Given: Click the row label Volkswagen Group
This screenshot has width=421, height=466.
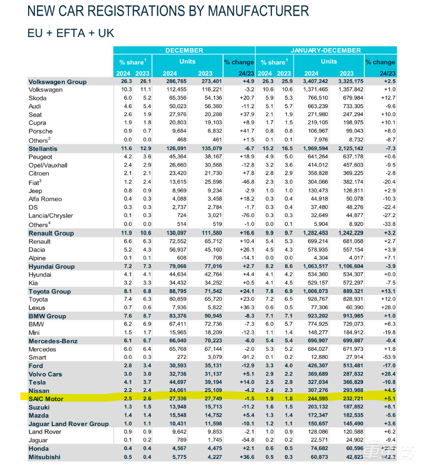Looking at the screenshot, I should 57,82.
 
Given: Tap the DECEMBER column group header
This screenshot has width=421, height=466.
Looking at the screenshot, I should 184,50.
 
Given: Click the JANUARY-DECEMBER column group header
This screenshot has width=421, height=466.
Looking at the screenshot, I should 326,50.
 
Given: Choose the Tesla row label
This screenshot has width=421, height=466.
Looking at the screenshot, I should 38,382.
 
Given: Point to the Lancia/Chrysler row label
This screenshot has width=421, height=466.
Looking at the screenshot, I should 51,216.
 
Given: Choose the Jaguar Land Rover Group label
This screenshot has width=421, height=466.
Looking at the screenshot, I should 68,424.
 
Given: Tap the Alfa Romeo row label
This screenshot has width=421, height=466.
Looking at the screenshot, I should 46,199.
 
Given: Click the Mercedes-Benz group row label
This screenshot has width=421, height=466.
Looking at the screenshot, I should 53,341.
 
